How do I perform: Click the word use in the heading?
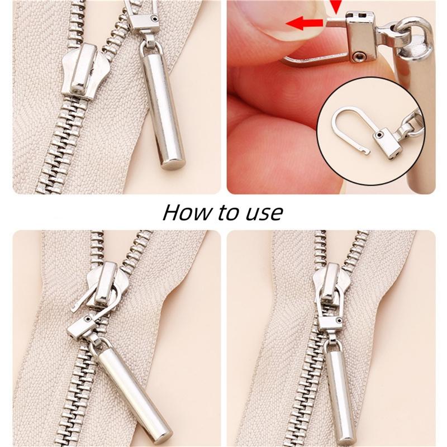coord(265,213)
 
